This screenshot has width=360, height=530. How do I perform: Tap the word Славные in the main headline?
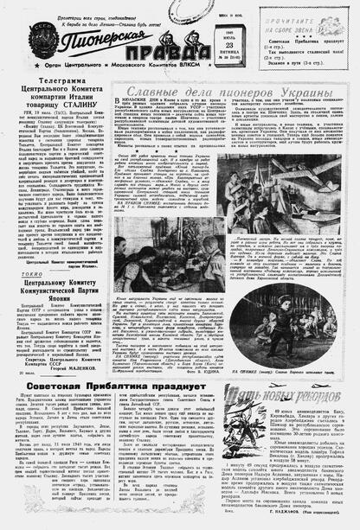coord(151,91)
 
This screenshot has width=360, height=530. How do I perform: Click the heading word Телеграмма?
coord(57,80)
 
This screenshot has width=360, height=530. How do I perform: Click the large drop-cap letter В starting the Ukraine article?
coord(119,105)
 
